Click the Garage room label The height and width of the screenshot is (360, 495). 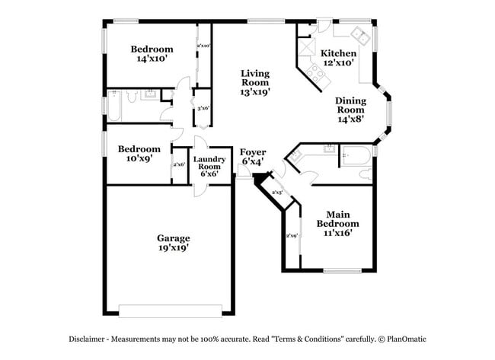(x=174, y=237)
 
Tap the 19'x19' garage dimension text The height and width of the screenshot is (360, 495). (x=174, y=248)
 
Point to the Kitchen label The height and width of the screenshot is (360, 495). (x=337, y=53)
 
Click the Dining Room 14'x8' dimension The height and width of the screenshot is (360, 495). (x=351, y=118)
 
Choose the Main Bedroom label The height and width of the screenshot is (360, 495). (x=337, y=219)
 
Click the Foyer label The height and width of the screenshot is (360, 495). (x=252, y=152)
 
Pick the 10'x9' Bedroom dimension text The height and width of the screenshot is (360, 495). (x=139, y=160)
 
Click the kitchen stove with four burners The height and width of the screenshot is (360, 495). (x=313, y=73)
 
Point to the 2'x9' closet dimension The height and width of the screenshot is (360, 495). (x=292, y=236)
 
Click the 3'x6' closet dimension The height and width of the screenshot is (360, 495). (x=203, y=109)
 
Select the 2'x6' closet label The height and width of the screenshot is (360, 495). (x=180, y=164)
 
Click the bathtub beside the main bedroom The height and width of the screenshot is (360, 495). (x=356, y=156)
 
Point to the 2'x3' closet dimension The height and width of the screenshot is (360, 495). (x=276, y=193)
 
